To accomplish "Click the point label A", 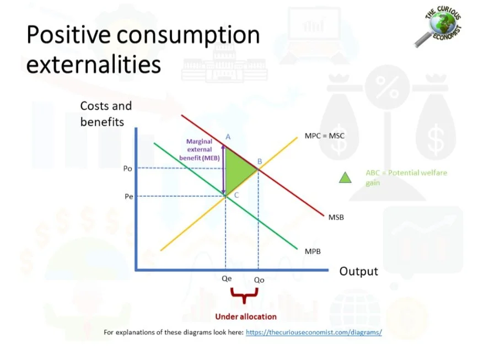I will [228, 137].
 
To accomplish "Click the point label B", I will [259, 162].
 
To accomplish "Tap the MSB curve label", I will [336, 217].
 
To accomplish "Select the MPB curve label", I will [313, 251].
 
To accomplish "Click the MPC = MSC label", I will [325, 135].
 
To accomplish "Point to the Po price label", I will [127, 169].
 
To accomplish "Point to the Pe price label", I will [128, 196].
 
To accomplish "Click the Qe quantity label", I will [227, 279].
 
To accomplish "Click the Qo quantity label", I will [259, 280].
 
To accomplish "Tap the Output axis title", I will [358, 271].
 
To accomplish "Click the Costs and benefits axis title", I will [106, 113].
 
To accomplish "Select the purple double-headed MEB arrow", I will [224, 170].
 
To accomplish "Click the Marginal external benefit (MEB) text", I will [199, 149].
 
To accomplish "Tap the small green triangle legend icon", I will [345, 177].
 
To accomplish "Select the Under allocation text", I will [245, 316].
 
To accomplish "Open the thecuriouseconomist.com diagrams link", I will [314, 332].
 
